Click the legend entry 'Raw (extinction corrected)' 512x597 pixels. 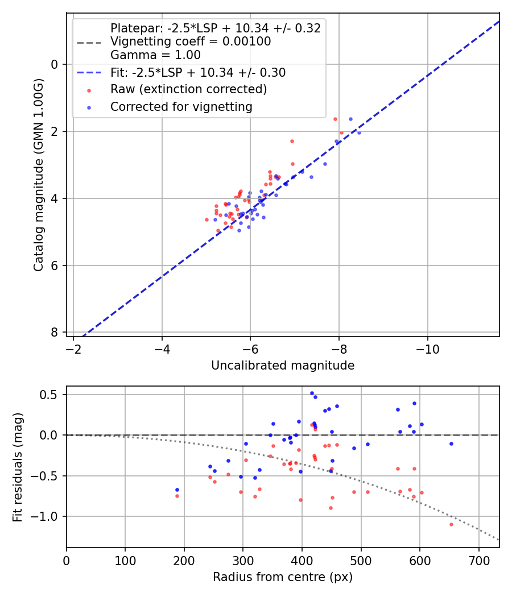(188, 89)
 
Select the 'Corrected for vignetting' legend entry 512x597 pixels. (181, 106)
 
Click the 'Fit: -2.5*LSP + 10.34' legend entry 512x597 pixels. (198, 73)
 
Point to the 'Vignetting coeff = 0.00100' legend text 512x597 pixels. (191, 42)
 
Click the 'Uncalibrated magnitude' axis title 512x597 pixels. (283, 366)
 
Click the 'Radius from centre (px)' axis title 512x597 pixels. (283, 577)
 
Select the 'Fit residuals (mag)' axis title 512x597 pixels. (18, 467)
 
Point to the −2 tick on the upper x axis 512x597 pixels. (73, 349)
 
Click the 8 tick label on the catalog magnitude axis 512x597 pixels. (55, 333)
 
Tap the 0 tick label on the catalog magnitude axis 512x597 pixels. (55, 64)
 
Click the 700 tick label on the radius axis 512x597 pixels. (478, 561)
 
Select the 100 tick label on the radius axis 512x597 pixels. (125, 561)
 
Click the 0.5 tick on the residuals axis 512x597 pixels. (52, 395)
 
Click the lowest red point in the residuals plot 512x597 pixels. (451, 524)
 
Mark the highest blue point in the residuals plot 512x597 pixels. (312, 393)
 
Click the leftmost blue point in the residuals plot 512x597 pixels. (177, 490)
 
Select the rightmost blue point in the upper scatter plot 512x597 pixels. (359, 132)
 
